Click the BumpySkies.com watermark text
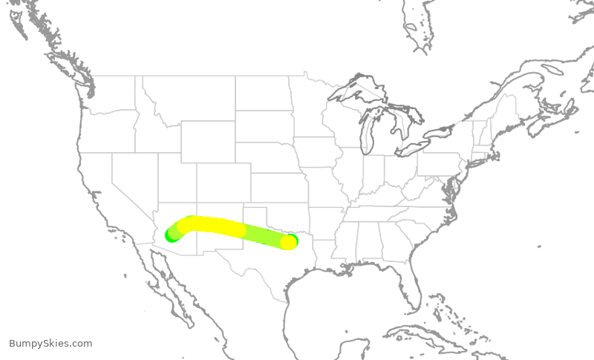pyautogui.click(x=50, y=344)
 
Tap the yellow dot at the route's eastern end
pyautogui.click(x=288, y=242)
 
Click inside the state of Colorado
pyautogui.click(x=223, y=182)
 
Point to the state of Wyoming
pyautogui.click(x=208, y=142)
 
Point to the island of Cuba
pyautogui.click(x=438, y=338)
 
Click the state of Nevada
pyautogui.click(x=134, y=178)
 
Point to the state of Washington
pyautogui.click(x=111, y=93)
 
